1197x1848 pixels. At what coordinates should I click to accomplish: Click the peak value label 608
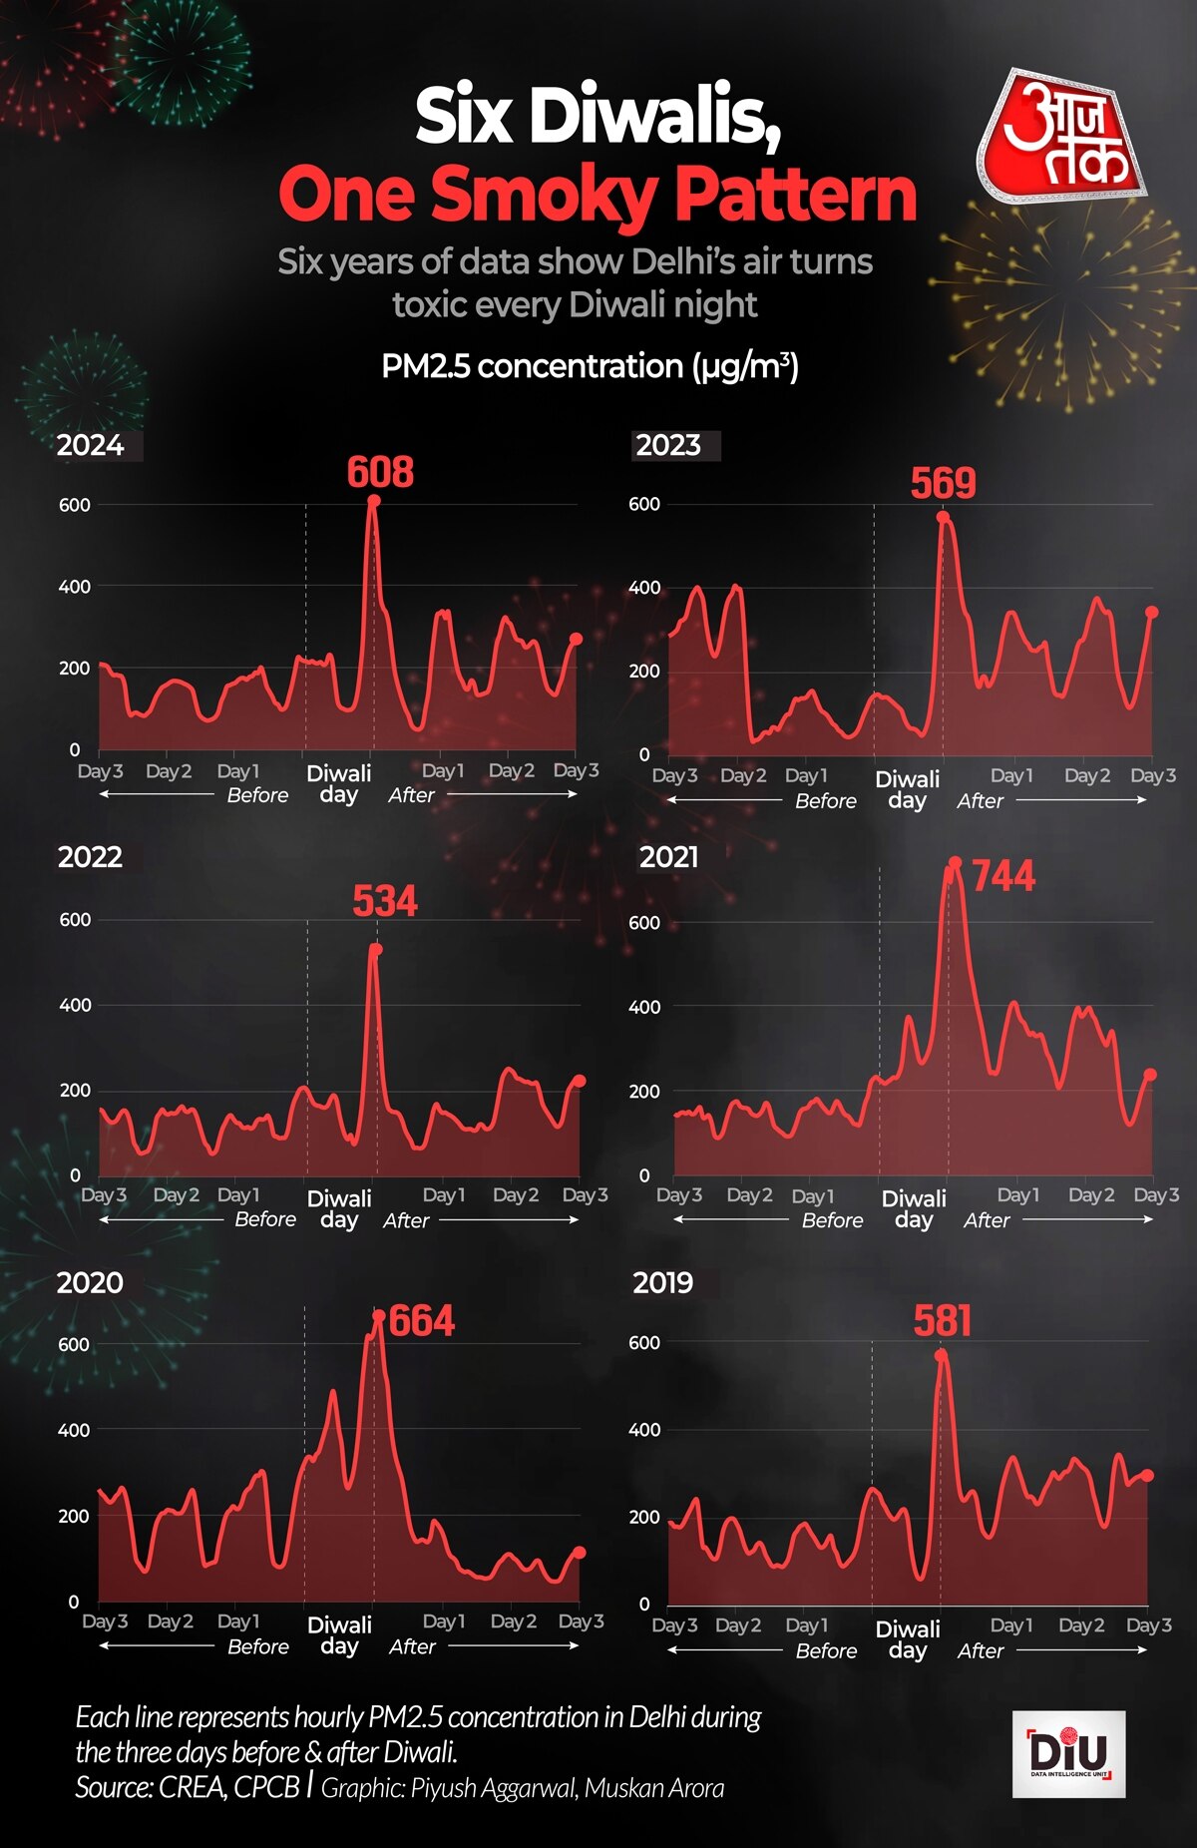coord(380,472)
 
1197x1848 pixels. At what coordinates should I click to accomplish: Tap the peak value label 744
coord(1003,876)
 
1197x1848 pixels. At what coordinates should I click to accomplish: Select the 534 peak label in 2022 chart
coord(385,901)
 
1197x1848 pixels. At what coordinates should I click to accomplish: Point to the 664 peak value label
coord(422,1321)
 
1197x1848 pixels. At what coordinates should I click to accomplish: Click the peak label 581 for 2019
coord(943,1321)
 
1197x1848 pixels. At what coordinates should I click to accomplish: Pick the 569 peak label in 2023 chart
coord(943,483)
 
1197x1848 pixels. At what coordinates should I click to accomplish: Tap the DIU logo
coord(1068,1754)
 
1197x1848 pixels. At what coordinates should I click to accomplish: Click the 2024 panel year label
coord(91,445)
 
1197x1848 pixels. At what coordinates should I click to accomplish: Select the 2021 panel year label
coord(669,857)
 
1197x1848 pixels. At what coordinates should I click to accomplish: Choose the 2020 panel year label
coord(90,1282)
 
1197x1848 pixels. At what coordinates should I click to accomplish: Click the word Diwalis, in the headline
coord(653,118)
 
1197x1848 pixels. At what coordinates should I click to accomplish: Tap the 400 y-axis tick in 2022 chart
coord(75,1005)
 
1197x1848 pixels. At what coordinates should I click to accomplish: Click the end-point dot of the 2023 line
coord(1151,613)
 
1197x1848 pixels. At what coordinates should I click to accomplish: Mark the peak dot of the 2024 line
coord(373,501)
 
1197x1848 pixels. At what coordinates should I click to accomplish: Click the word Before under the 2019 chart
coord(826,1651)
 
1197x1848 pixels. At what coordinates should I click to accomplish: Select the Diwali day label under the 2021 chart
coord(914,1208)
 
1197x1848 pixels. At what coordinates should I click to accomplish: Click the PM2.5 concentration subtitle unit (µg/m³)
coord(745,366)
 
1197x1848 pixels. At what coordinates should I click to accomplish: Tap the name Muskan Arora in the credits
coord(654,1787)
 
